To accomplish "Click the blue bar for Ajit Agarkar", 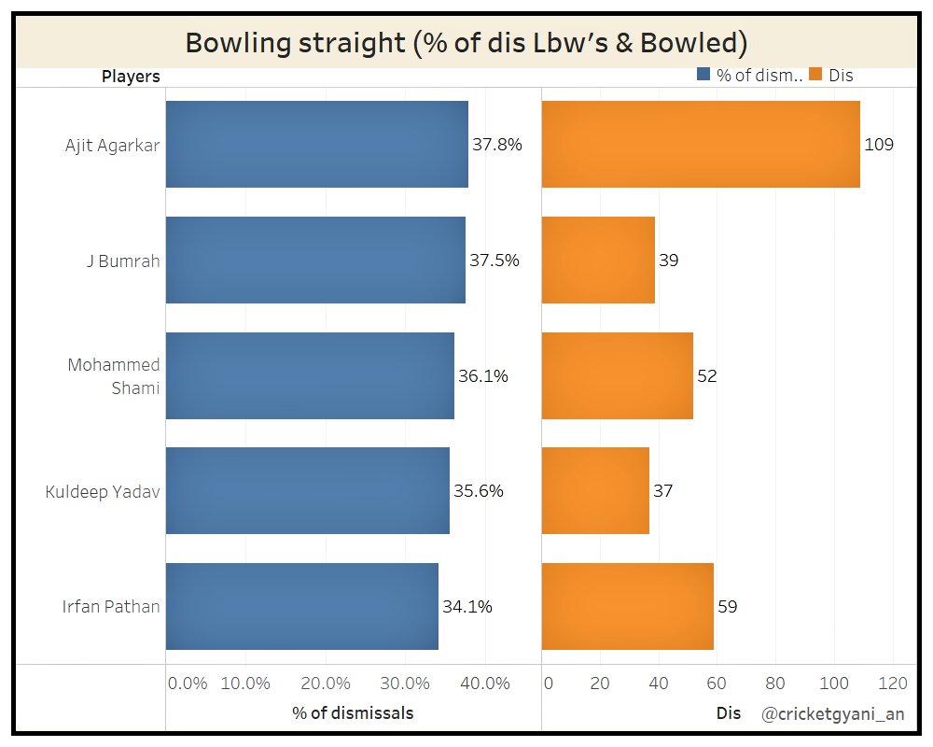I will click(317, 145).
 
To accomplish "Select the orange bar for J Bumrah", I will click(598, 260).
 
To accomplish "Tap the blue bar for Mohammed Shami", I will click(310, 375).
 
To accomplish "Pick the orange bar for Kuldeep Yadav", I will click(595, 490).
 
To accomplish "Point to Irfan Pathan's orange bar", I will click(627, 606).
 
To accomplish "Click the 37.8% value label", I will click(497, 145).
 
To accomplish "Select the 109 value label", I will click(879, 145).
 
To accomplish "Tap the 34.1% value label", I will click(467, 606).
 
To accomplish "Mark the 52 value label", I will click(707, 375).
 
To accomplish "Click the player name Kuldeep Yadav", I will click(103, 491).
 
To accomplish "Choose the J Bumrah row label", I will click(122, 261).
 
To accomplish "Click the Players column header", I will click(131, 76).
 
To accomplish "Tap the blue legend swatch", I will click(703, 76).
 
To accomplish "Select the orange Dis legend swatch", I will click(815, 76).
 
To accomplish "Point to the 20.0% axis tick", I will click(325, 683).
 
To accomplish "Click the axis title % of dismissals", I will click(353, 712).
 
